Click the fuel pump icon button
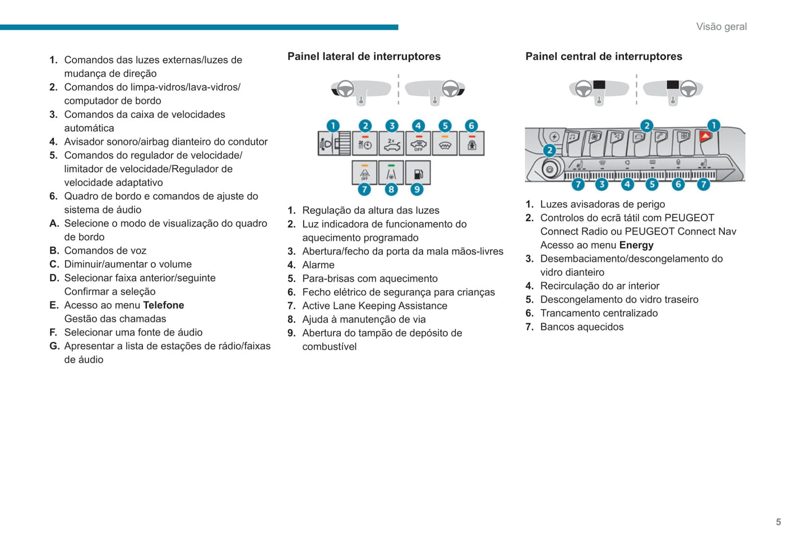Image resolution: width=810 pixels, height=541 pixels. pos(418,173)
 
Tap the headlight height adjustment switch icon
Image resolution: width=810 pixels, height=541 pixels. pos(334,144)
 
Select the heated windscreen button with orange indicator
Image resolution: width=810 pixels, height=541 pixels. pos(445,144)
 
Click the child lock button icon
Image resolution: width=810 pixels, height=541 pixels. pos(471,144)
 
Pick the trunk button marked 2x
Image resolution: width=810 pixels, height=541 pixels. pos(391,144)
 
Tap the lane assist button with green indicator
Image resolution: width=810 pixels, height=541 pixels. pos(391,173)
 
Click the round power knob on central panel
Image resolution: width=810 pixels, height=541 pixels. pos(550,169)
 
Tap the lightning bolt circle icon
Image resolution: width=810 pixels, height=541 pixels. pos(554,136)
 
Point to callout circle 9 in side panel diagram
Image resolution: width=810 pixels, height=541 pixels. pos(417,190)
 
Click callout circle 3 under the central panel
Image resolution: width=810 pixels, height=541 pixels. pos(602,184)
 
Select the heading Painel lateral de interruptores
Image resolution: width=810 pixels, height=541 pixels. pos(364,56)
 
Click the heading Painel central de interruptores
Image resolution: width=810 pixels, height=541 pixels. pos(604,56)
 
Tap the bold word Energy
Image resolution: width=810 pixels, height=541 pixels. pos(636,245)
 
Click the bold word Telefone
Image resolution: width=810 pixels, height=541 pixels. pos(163,305)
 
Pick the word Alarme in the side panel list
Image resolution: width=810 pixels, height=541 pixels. pos(318,265)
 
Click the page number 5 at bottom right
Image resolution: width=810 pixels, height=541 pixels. pos(778,522)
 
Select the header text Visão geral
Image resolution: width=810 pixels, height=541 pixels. pos(721,26)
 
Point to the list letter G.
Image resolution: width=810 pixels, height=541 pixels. pos(54,346)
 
